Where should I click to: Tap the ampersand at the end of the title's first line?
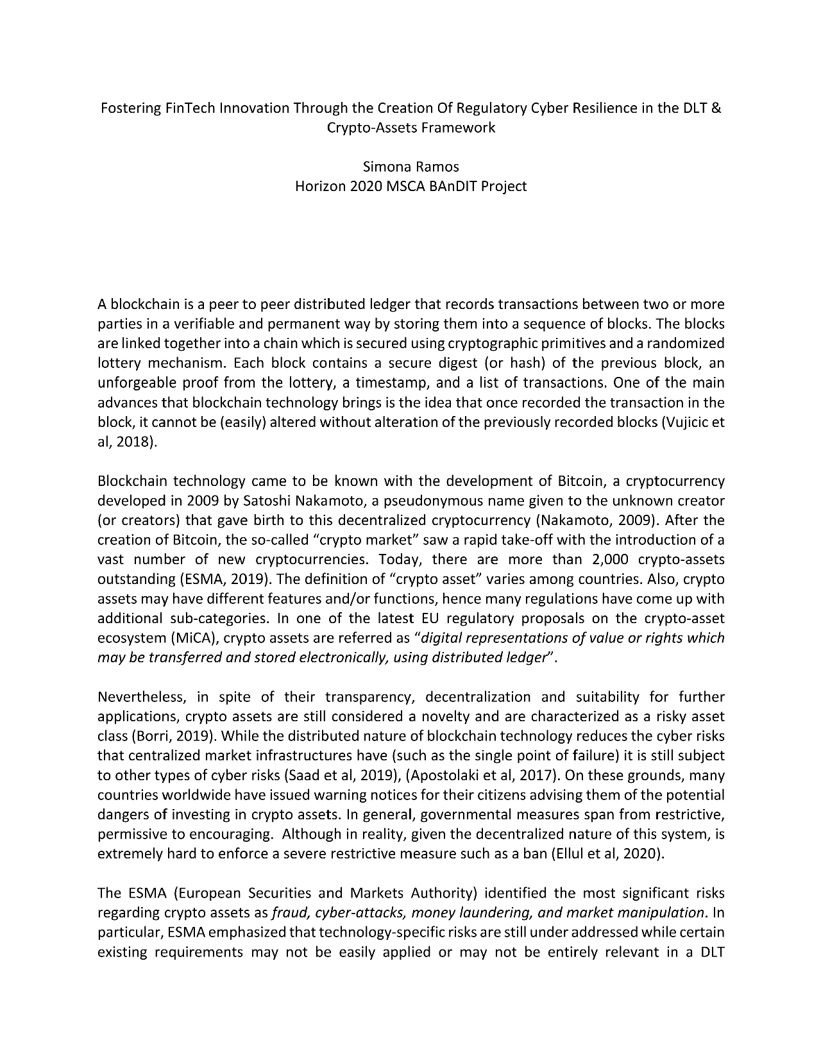click(x=716, y=108)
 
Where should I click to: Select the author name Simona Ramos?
click(x=410, y=167)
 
